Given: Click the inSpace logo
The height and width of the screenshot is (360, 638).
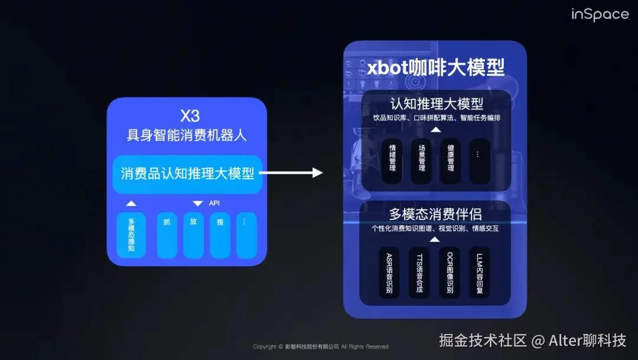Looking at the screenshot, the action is click(x=600, y=14).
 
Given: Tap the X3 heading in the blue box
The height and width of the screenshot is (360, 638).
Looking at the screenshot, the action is click(x=190, y=116).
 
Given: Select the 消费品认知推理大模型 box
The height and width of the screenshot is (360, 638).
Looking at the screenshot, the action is click(x=187, y=174).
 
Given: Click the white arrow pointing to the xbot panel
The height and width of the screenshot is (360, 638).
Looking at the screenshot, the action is click(x=291, y=173).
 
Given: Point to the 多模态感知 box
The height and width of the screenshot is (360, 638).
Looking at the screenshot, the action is click(x=131, y=235).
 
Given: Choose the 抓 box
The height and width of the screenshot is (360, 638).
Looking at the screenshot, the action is click(x=167, y=235).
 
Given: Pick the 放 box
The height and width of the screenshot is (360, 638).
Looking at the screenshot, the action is click(x=193, y=235).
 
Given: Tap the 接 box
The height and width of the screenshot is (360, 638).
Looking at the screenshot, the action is click(x=220, y=235).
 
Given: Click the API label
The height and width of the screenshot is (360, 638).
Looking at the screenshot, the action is click(x=214, y=203).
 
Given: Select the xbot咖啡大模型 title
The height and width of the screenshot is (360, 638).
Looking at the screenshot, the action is click(x=435, y=67).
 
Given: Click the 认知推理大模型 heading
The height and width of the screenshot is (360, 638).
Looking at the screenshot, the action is click(x=436, y=104).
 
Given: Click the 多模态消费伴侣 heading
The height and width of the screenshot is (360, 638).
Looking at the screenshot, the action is click(x=435, y=214).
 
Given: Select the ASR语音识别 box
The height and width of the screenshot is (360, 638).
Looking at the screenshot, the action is click(x=389, y=272).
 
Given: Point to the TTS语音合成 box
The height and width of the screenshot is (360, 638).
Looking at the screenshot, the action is click(x=419, y=272).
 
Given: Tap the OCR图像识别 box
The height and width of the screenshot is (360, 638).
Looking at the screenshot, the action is click(x=450, y=272).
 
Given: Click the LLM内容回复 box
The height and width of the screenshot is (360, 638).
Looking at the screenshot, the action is click(x=479, y=272).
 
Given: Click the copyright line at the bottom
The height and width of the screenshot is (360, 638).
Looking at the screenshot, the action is click(x=320, y=346).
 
